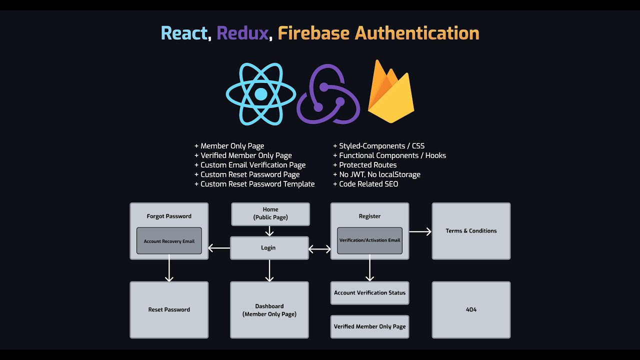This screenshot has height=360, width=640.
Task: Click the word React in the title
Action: pyautogui.click(x=184, y=33)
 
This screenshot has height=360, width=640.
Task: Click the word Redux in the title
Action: pyautogui.click(x=242, y=33)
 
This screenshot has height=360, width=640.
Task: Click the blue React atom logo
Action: pyautogui.click(x=260, y=94)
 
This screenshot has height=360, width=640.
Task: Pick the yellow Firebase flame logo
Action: pyautogui.click(x=390, y=92)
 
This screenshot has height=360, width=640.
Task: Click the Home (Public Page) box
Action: pyautogui.click(x=270, y=213)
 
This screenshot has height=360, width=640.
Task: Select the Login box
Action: pyautogui.click(x=269, y=248)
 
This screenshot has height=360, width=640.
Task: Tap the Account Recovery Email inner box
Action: pyautogui.click(x=169, y=241)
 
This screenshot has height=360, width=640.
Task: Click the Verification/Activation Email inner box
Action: pyautogui.click(x=369, y=240)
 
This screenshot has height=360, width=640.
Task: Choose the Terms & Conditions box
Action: pyautogui.click(x=471, y=231)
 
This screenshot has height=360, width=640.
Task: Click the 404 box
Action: pyautogui.click(x=471, y=309)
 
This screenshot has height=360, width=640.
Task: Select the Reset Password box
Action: pyautogui.click(x=169, y=309)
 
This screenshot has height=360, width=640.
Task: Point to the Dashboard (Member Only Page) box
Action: pyautogui.click(x=269, y=310)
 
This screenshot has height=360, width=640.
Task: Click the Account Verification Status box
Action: pyautogui.click(x=369, y=293)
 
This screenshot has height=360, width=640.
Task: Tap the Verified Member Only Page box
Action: pyautogui.click(x=369, y=326)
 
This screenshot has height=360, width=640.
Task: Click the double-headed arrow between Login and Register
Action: pyautogui.click(x=319, y=248)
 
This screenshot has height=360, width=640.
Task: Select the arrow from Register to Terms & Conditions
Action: pyautogui.click(x=420, y=231)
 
